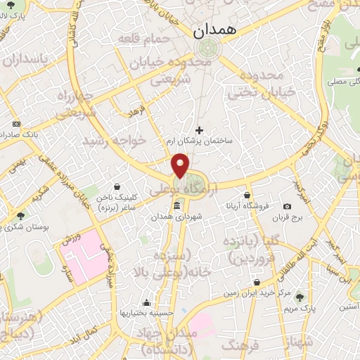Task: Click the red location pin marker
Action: click(181, 166)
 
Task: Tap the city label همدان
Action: click(215, 31)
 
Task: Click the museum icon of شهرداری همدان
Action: click(176, 206)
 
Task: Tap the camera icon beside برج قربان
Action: click(287, 206)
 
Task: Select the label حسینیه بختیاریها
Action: click(141, 311)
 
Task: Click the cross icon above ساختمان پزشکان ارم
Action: click(199, 130)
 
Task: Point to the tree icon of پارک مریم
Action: click(301, 296)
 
